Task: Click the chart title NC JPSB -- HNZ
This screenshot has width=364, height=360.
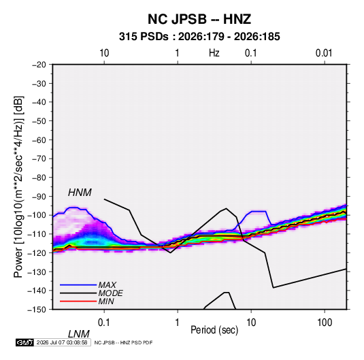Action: tap(199, 19)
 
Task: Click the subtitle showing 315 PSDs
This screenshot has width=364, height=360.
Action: tap(199, 37)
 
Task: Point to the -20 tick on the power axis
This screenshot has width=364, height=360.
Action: tap(39, 65)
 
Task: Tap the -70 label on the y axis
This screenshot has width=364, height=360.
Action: tap(39, 159)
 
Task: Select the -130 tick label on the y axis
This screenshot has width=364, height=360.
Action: tap(37, 272)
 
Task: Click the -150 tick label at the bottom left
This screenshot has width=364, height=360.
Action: tap(37, 310)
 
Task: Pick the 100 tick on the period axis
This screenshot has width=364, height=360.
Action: tap(325, 323)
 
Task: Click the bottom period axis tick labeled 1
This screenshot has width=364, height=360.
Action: tap(178, 323)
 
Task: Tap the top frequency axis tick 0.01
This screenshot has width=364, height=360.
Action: tap(324, 53)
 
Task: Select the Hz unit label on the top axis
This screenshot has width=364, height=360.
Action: tap(214, 53)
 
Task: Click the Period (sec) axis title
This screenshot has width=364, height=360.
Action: tap(214, 330)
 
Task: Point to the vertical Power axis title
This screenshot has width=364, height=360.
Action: tap(18, 186)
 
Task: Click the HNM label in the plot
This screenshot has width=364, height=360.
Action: tap(80, 193)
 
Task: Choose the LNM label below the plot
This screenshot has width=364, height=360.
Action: tap(78, 334)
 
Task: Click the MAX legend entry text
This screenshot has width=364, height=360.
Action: tap(107, 285)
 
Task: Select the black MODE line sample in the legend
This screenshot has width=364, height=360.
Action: tap(78, 293)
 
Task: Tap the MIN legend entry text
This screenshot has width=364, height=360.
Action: tap(106, 301)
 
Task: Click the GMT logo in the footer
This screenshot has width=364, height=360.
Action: tap(24, 342)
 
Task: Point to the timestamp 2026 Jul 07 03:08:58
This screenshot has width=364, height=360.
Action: tap(62, 342)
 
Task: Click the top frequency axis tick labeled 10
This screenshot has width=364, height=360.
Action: tap(104, 53)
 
